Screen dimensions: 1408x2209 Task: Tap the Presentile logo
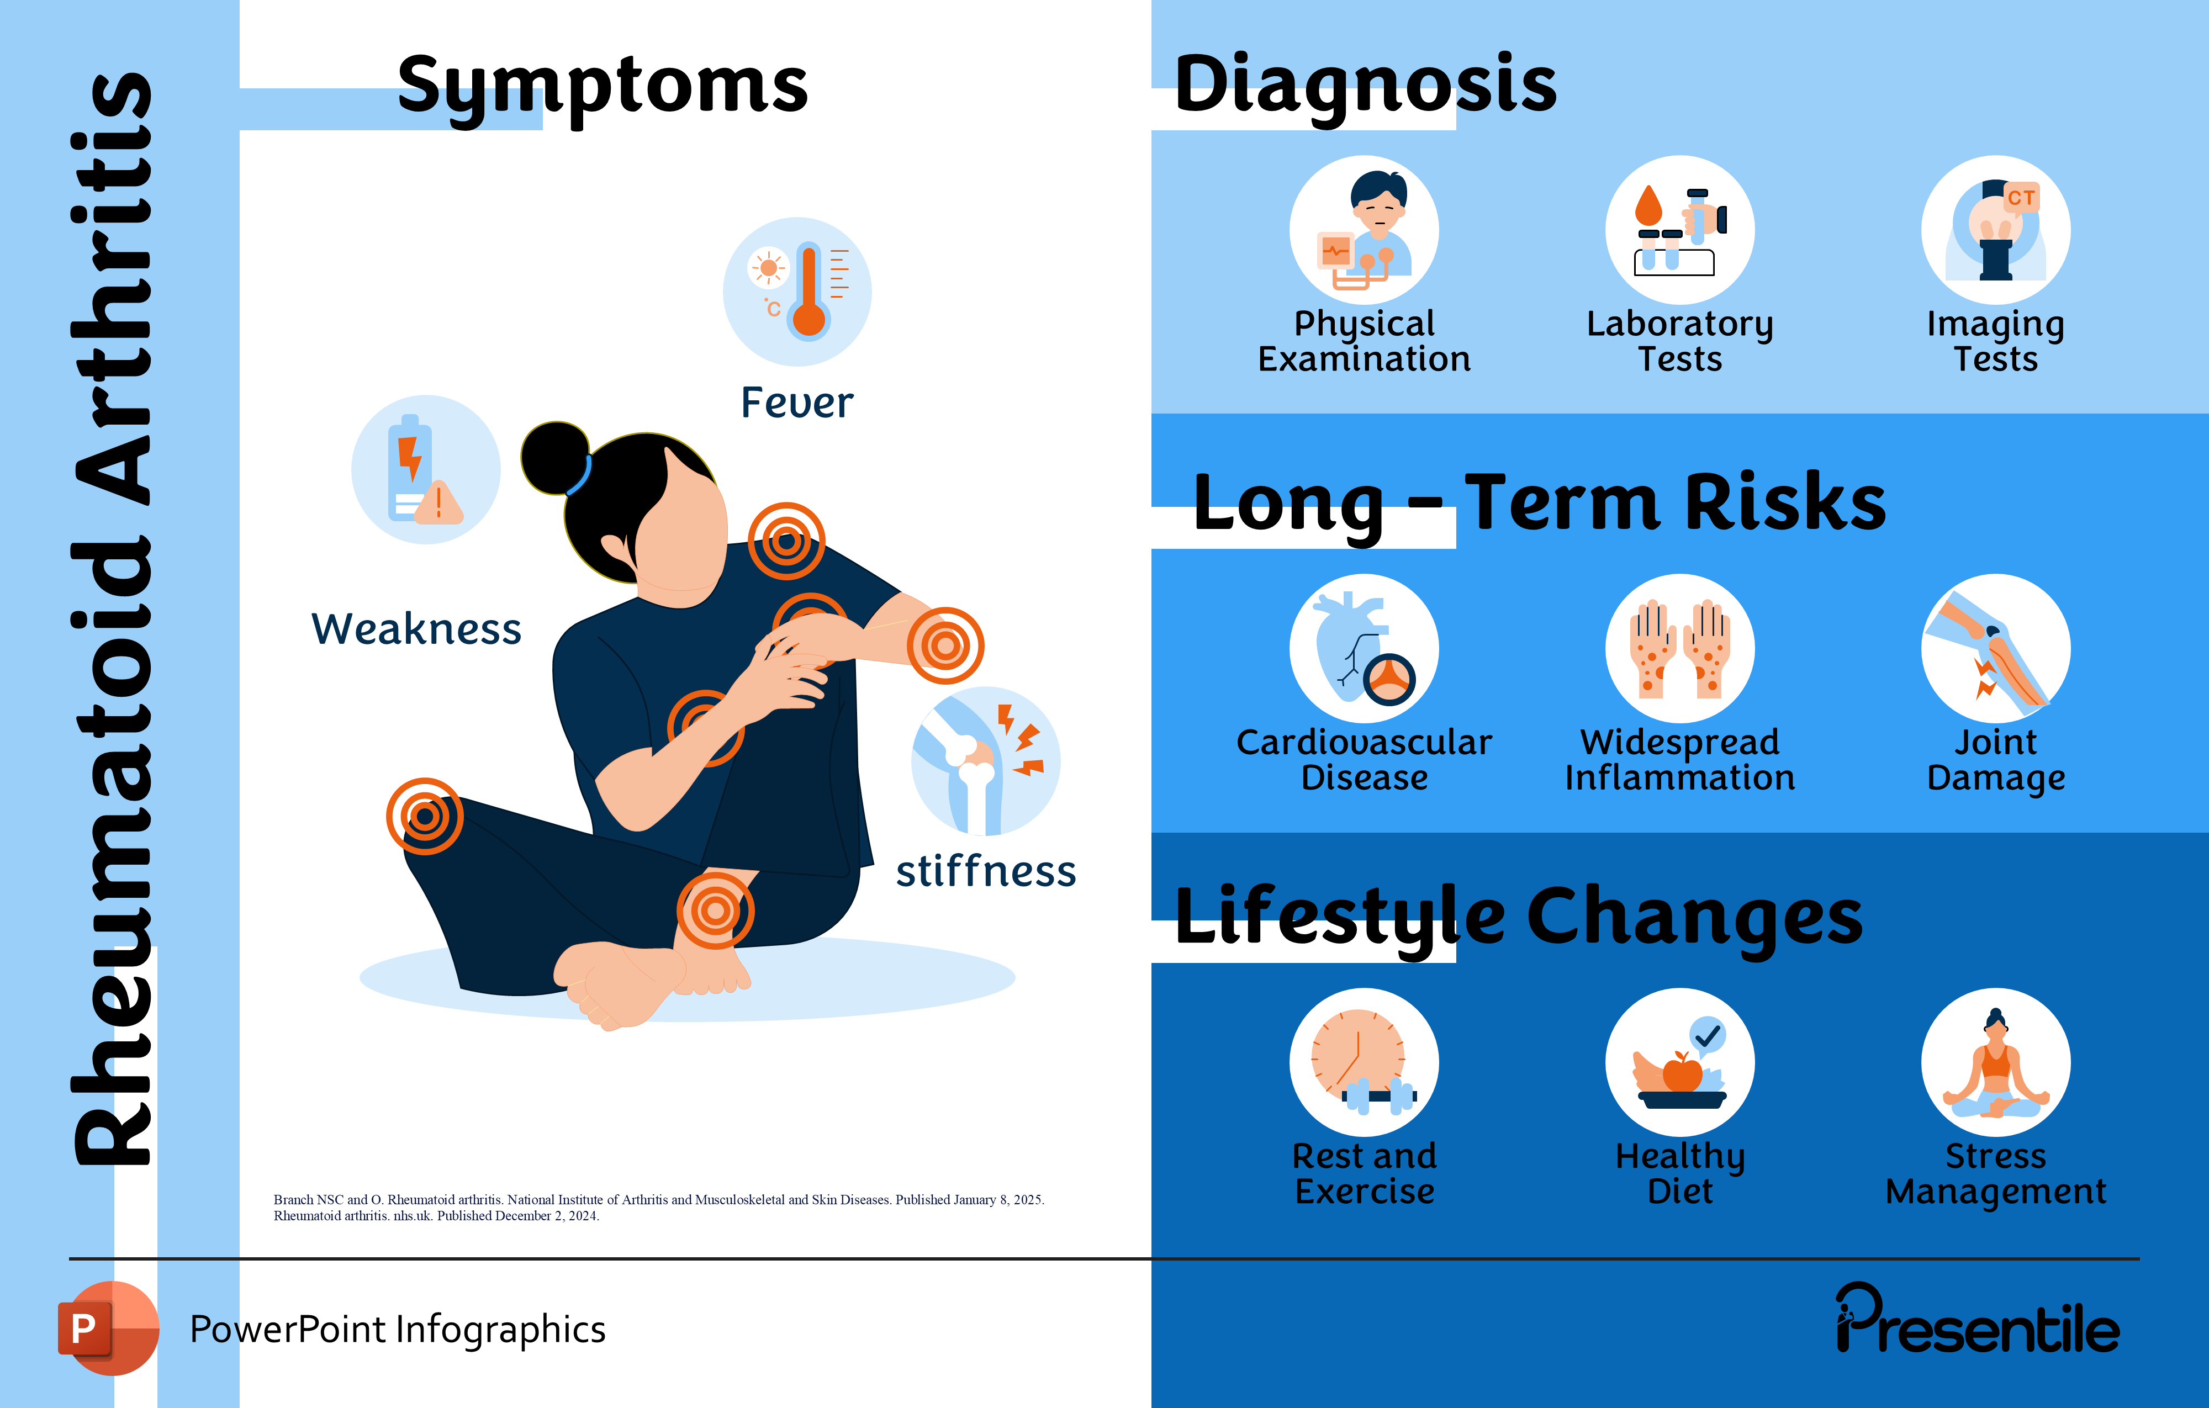point(1977,1321)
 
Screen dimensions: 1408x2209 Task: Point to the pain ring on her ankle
point(716,911)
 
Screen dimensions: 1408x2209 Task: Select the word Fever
point(796,403)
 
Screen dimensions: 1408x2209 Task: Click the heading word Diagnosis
point(1365,84)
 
